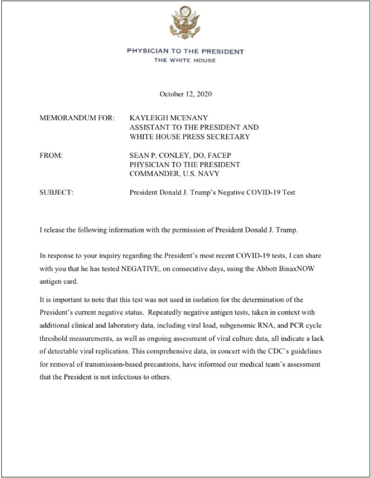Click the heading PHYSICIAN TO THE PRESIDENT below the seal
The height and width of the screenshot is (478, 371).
coord(185,52)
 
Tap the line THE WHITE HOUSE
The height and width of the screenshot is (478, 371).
coord(185,61)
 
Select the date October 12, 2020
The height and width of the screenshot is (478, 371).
coord(186,94)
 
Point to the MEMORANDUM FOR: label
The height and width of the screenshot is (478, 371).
coord(77,118)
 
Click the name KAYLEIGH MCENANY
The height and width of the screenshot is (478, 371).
coord(169,118)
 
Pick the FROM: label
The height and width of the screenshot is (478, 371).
coord(51,156)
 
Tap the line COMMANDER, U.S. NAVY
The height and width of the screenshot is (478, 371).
coord(174,174)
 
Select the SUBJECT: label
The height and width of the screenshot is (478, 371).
coord(57,192)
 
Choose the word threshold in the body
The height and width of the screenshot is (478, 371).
coord(53,339)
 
